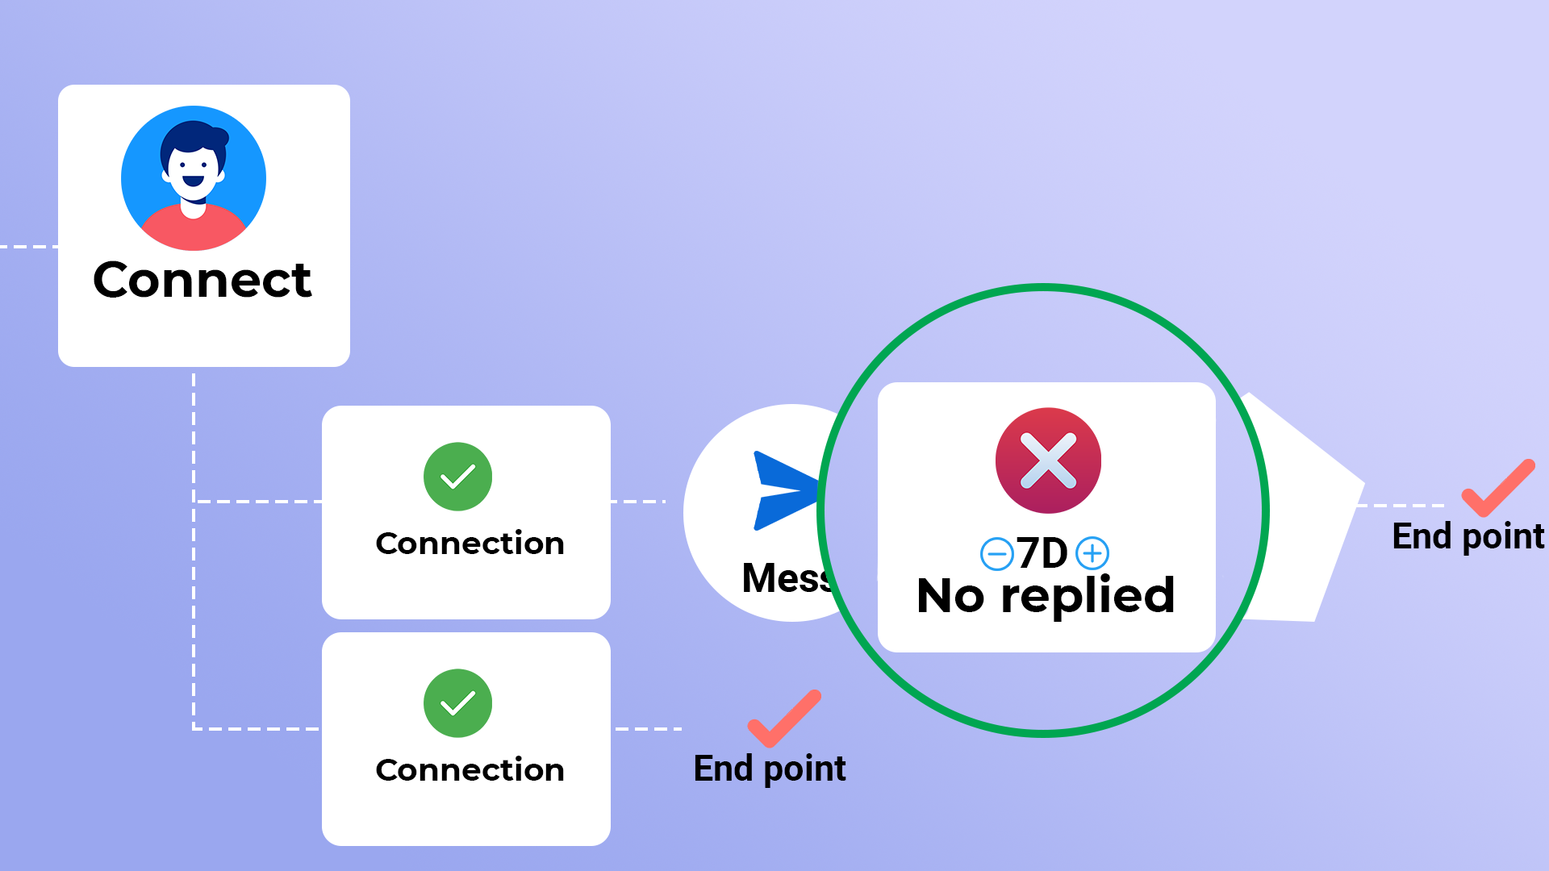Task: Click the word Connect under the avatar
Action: (202, 281)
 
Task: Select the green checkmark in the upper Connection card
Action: (457, 477)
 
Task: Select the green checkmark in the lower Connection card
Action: (457, 703)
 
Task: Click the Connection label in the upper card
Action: (470, 544)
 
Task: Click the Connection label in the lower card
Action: (470, 770)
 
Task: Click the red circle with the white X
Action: (1048, 461)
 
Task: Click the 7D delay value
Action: (1042, 553)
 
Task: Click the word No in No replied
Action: (950, 597)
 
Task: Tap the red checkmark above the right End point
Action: (1498, 487)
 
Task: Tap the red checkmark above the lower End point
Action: (783, 718)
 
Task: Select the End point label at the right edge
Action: (1468, 536)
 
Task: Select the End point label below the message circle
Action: (770, 769)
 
